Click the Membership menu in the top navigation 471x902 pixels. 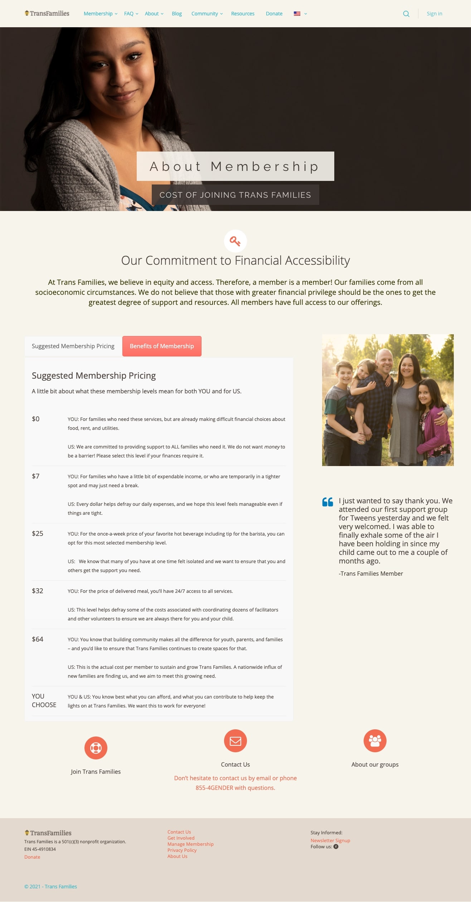click(98, 14)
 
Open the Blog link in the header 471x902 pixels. click(177, 14)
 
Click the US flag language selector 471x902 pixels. click(297, 14)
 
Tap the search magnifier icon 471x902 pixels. click(406, 14)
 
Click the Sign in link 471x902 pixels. click(434, 14)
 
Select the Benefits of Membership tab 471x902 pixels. click(162, 346)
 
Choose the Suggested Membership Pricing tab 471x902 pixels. click(73, 346)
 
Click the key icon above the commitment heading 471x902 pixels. click(235, 241)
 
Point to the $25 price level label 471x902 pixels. click(38, 533)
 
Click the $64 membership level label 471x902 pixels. click(38, 639)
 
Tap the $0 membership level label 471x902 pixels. click(36, 419)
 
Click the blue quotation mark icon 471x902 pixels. click(327, 502)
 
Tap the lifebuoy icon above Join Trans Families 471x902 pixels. click(96, 748)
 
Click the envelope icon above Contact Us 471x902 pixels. click(235, 741)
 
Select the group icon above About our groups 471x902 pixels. click(375, 741)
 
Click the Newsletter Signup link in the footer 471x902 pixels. click(330, 840)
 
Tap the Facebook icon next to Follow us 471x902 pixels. click(336, 846)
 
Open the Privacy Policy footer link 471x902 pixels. click(182, 850)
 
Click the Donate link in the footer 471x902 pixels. click(32, 857)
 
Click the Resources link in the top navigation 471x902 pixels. click(243, 14)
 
